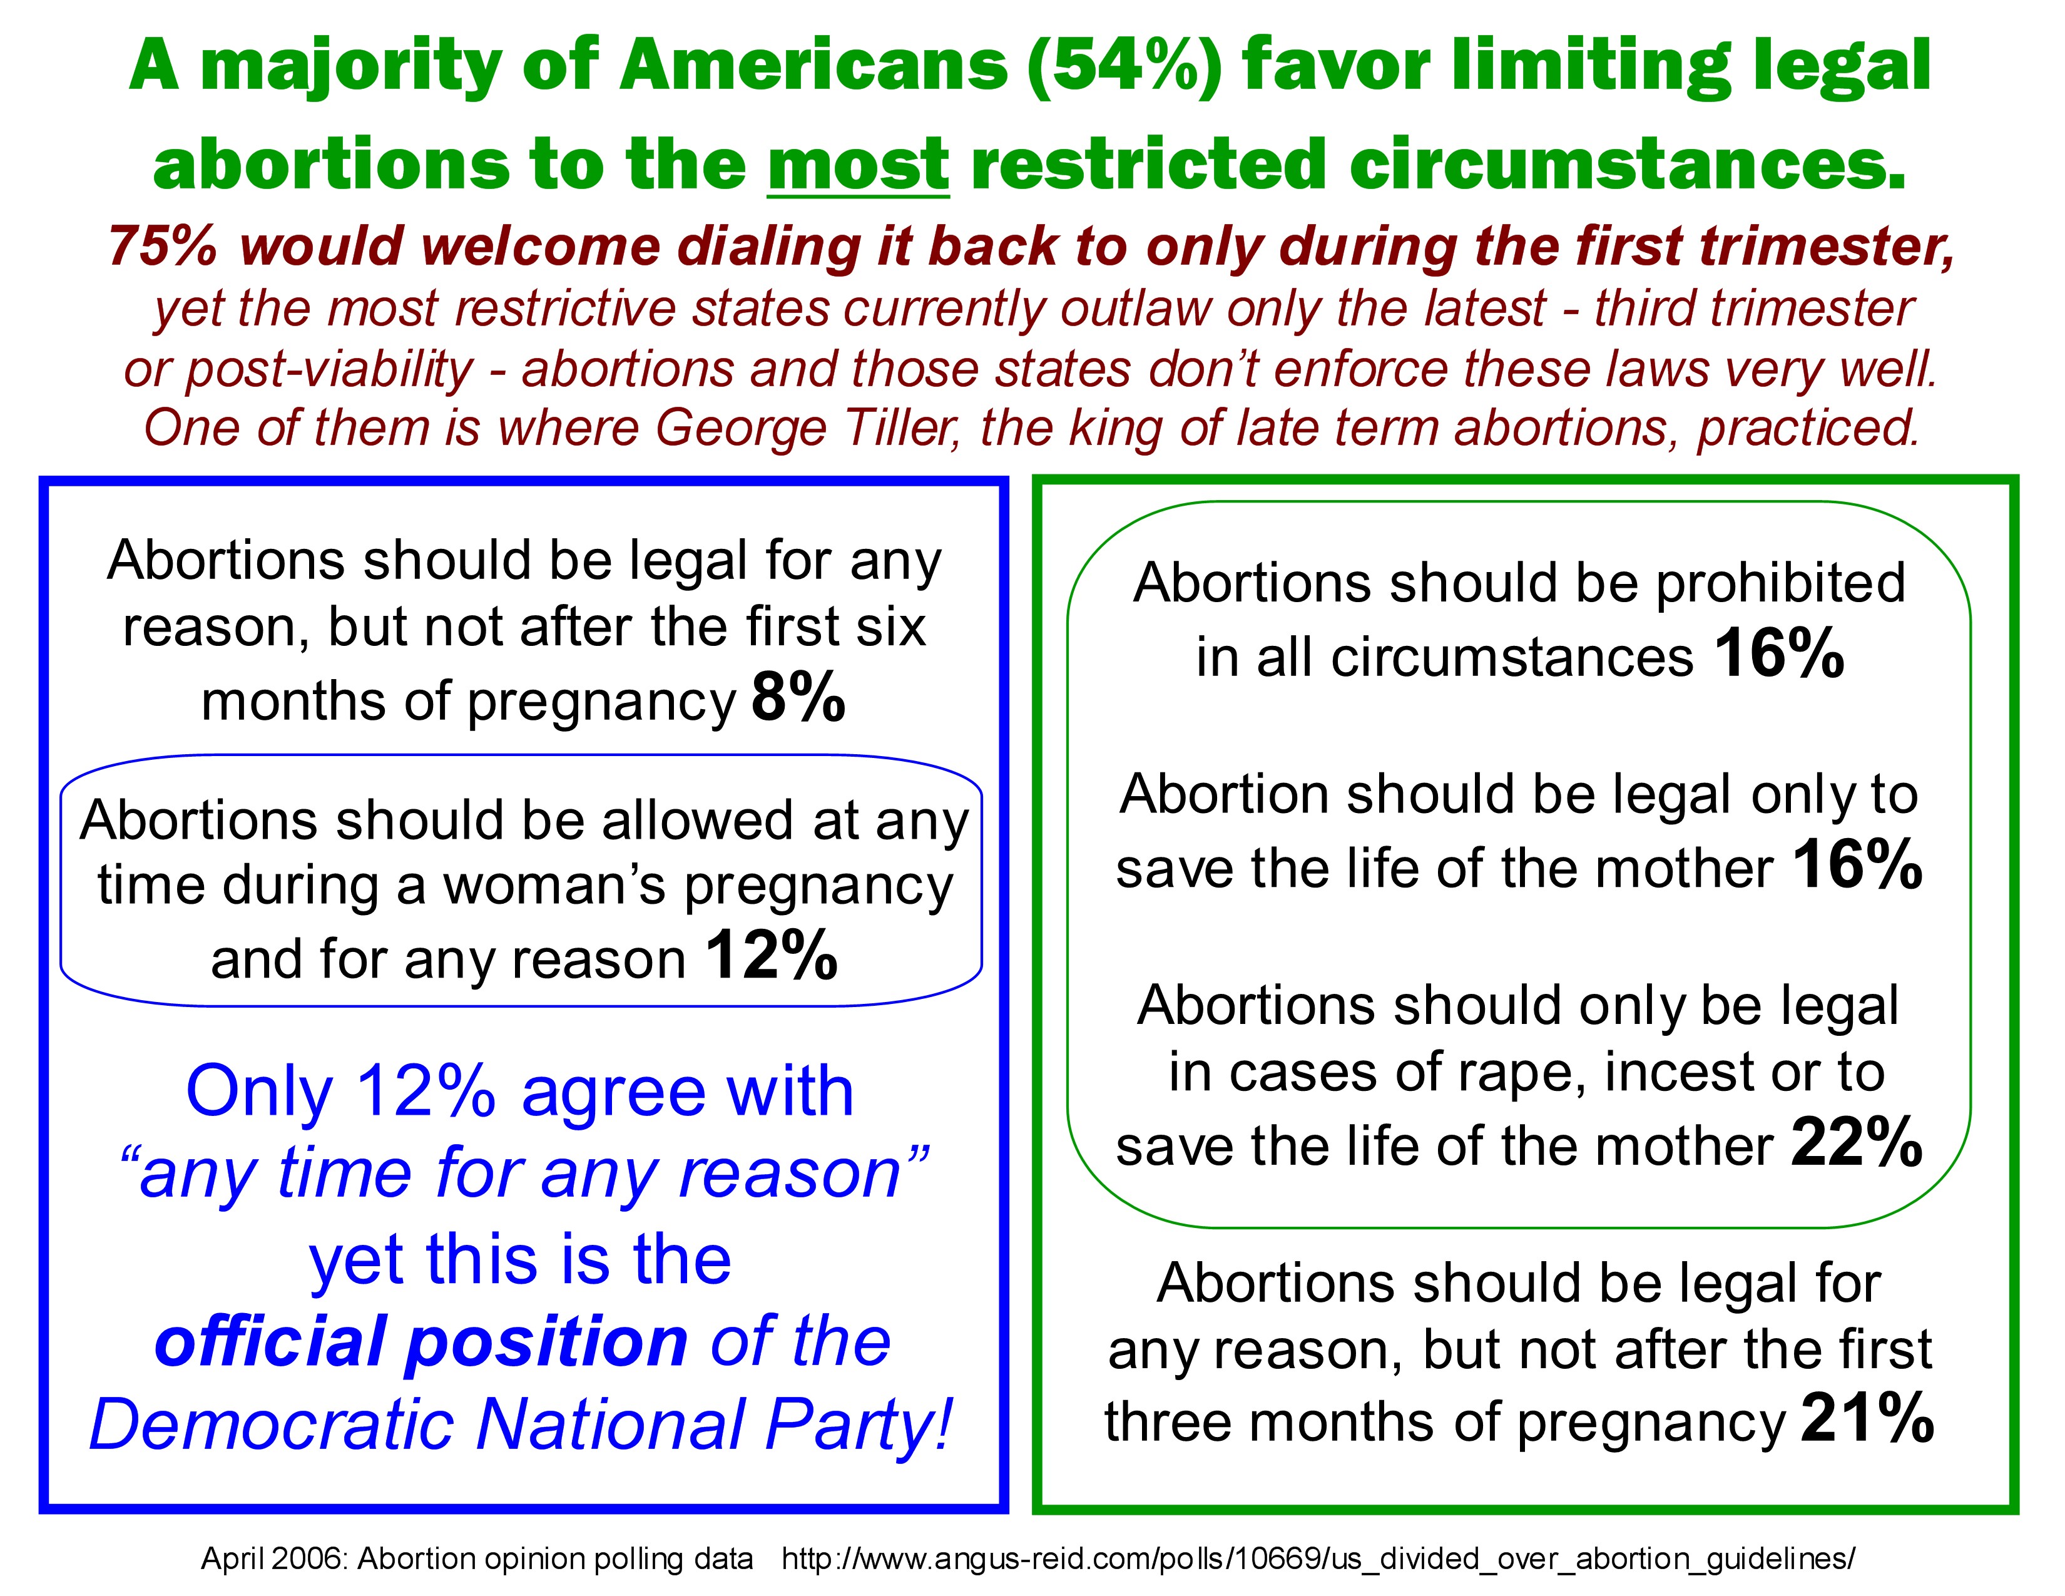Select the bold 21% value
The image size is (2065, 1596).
1867,1420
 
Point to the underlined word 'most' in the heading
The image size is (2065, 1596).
857,163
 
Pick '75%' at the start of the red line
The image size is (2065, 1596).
163,247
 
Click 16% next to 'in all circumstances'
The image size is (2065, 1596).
1778,653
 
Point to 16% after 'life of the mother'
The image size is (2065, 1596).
1856,865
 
